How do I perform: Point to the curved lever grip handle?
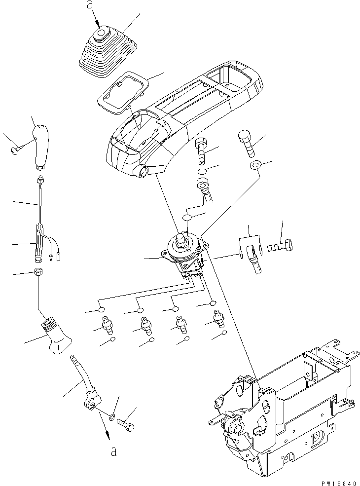coord(42,146)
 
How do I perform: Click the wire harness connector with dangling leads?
coord(42,242)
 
